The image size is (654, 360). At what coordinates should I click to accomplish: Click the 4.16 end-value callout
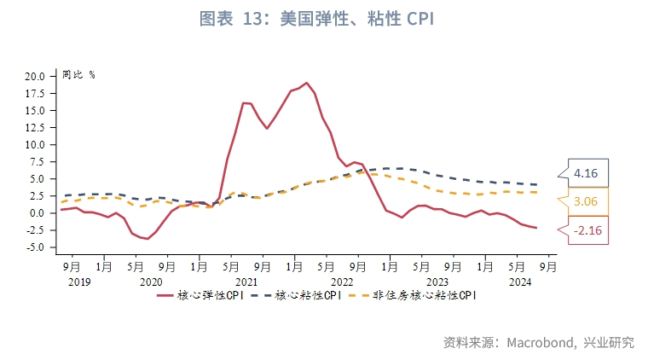coord(585,174)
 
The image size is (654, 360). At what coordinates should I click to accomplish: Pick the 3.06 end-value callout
coord(585,202)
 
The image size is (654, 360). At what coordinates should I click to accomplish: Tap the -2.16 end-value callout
coord(585,230)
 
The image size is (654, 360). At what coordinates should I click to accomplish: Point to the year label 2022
coord(342,282)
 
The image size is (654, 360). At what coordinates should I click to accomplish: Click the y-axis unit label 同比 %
coord(78,74)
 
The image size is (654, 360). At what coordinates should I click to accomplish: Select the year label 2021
coord(246,282)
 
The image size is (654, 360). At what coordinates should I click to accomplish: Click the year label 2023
coord(437,282)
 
